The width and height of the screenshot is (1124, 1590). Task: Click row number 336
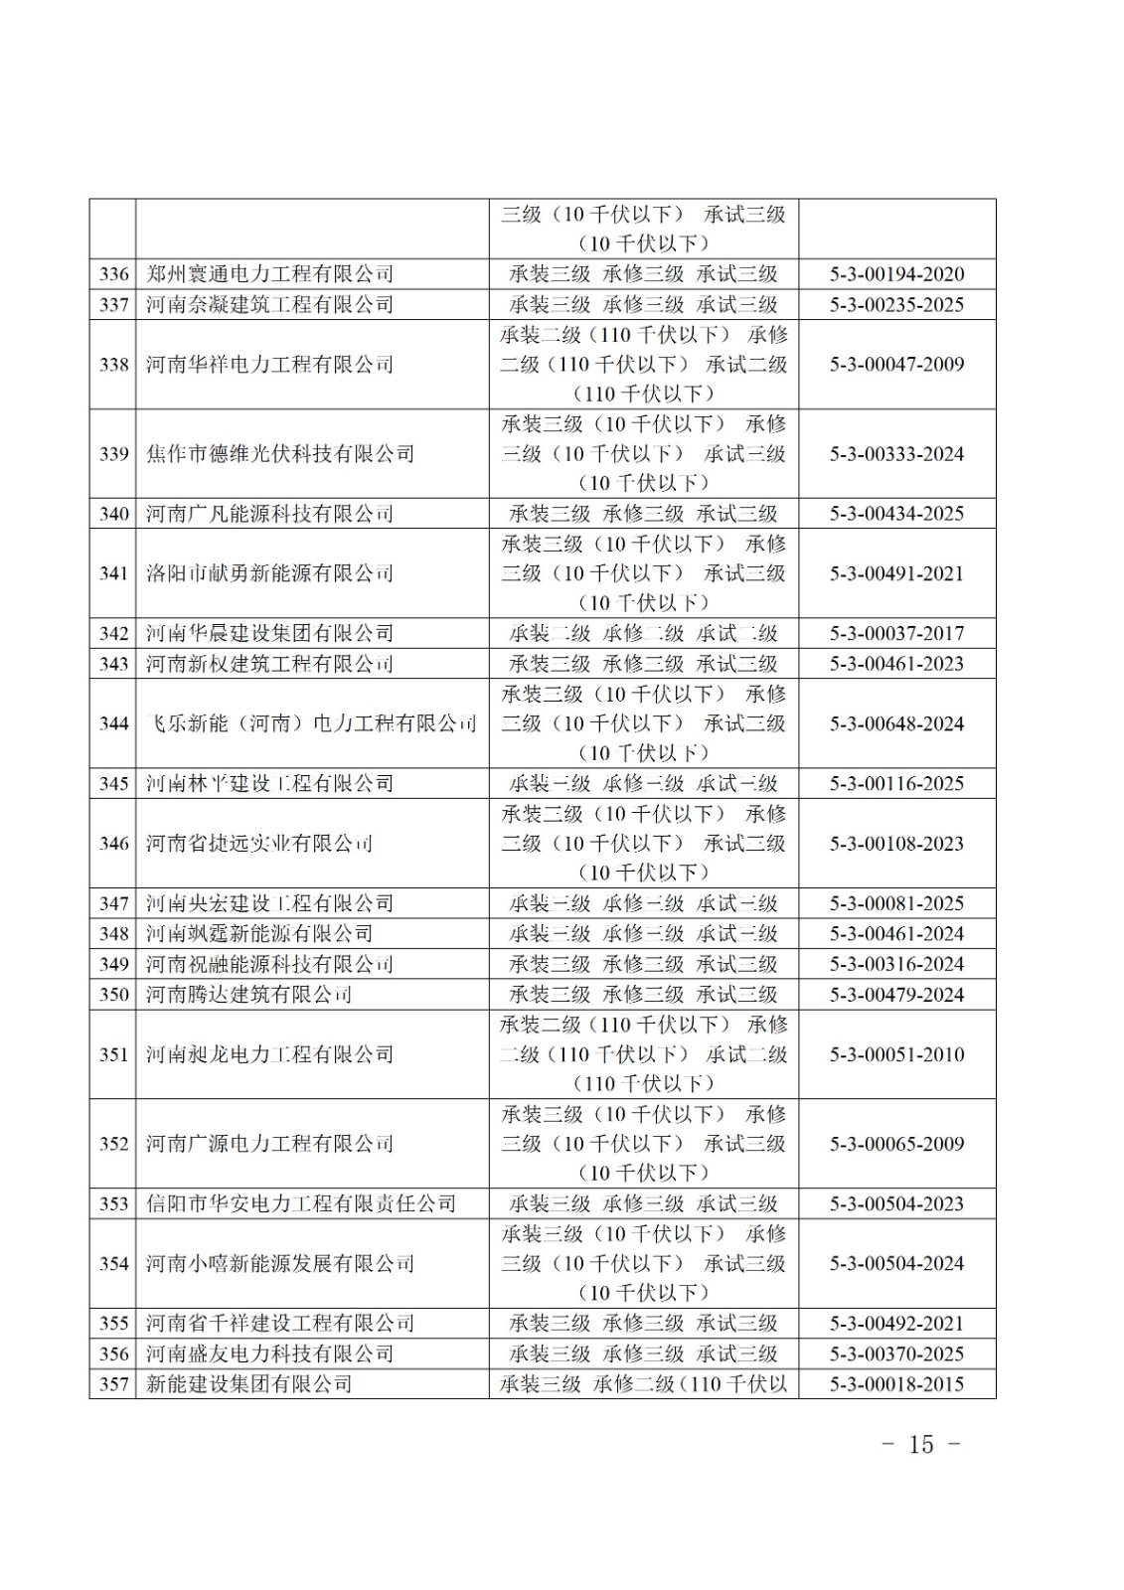[x=113, y=274]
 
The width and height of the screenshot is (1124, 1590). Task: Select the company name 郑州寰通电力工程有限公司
[x=269, y=274]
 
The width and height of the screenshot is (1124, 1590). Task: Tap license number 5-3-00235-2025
[x=896, y=304]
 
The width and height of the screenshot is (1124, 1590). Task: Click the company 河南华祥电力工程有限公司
[x=269, y=365]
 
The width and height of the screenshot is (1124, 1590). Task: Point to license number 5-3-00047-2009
[x=896, y=365]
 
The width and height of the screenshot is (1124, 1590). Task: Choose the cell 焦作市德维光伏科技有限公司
[x=279, y=454]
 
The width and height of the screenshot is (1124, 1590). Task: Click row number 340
[x=113, y=514]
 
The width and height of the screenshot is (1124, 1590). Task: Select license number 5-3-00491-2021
[x=896, y=573]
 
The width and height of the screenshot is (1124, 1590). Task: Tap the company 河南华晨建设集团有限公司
[x=269, y=633]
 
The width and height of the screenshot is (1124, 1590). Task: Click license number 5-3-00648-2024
[x=896, y=723]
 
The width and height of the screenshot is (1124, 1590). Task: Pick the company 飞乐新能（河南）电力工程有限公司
[x=311, y=723]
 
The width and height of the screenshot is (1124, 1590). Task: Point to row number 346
[x=113, y=844]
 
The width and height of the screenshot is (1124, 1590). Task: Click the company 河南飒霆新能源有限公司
[x=258, y=933]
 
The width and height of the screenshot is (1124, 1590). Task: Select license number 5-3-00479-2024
[x=896, y=994]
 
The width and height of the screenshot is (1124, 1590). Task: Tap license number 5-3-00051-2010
[x=896, y=1054]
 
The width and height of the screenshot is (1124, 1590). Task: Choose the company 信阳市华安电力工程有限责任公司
[x=300, y=1203]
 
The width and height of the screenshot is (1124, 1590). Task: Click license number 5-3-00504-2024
[x=896, y=1263]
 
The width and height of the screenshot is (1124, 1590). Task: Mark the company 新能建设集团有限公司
[x=248, y=1383]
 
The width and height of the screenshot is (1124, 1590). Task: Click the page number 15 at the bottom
[x=921, y=1444]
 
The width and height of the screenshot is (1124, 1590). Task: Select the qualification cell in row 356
[x=643, y=1353]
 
